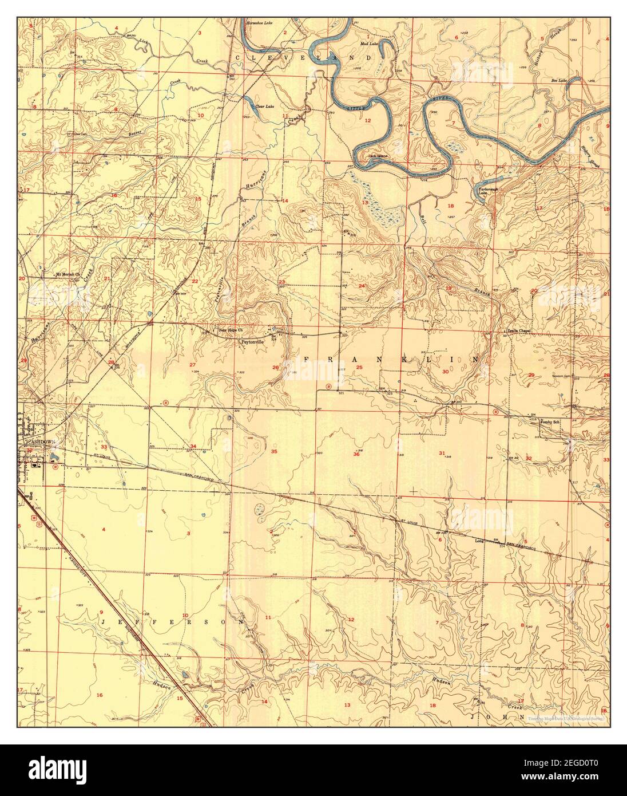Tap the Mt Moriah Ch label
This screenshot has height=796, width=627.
point(68,274)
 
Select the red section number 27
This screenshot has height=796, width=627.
point(193,365)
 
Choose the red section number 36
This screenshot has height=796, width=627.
point(356,454)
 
